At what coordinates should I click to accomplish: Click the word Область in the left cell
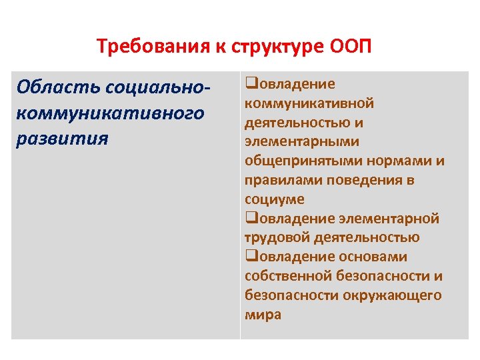(50, 87)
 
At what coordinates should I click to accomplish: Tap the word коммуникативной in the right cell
(309, 103)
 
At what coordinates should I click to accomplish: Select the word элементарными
(302, 141)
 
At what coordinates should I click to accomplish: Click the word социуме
(274, 199)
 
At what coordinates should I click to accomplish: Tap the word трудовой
(274, 238)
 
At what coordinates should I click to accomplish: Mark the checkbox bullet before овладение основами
(250, 257)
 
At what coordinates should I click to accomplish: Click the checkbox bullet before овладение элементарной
(250, 218)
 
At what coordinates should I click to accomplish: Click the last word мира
(263, 315)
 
